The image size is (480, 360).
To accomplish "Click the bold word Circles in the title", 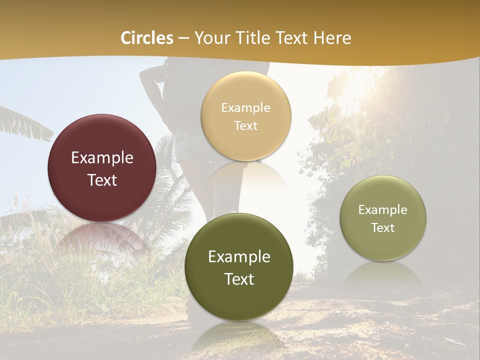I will pos(147,38).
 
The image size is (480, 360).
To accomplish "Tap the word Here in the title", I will pos(332,38).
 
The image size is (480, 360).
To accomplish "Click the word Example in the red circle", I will pos(102,158).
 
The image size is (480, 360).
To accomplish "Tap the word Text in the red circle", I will pos(102,180).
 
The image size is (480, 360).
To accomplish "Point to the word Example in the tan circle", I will pos(245,108).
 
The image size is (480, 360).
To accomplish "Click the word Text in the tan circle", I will pos(245,125).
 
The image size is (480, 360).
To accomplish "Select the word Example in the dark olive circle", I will pos(239,257).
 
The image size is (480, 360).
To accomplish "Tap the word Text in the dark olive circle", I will pos(239,279).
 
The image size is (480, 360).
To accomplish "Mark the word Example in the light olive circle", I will pos(383,210).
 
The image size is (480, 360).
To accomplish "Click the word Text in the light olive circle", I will pos(383,228).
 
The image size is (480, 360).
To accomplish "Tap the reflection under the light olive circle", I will pos(383,275).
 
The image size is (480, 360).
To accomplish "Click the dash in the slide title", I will pos(183,38).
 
